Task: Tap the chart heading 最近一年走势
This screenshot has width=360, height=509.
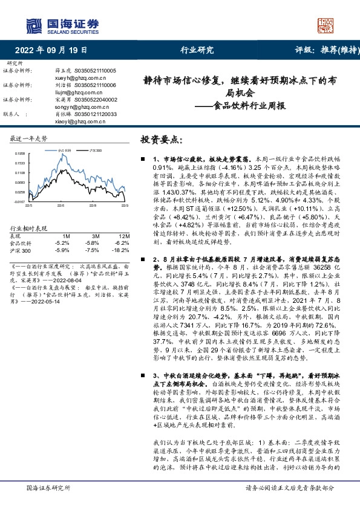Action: coord(30,139)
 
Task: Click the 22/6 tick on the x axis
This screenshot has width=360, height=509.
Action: coord(60,206)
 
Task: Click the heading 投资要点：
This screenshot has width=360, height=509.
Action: coord(161,140)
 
